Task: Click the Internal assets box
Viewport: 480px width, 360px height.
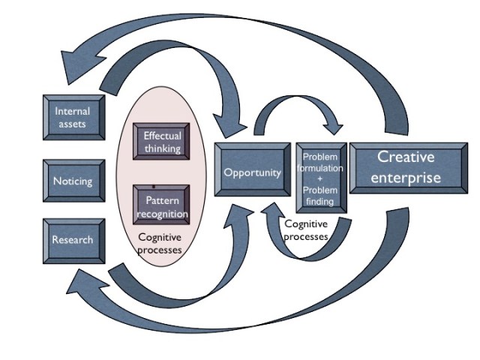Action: point(73,118)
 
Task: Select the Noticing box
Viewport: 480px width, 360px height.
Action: point(73,181)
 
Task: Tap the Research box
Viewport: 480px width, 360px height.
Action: point(73,240)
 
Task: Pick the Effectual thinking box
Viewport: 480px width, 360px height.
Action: point(162,142)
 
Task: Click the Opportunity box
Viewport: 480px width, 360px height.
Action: point(252,172)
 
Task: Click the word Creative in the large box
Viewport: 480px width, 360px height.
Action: point(406,157)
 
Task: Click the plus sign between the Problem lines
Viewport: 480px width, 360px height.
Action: point(322,179)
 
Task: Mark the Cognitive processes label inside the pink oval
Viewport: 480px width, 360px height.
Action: point(160,244)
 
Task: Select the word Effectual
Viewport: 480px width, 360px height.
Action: point(162,136)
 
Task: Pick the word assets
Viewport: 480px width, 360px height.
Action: point(73,124)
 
